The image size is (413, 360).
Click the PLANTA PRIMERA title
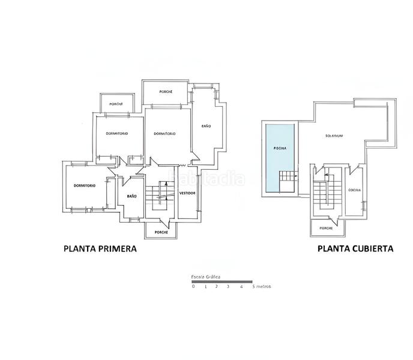pyautogui.click(x=100, y=248)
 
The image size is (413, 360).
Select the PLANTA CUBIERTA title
pyautogui.click(x=355, y=248)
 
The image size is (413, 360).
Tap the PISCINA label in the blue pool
pyautogui.click(x=279, y=148)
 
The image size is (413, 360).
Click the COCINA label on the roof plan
pyautogui.click(x=355, y=190)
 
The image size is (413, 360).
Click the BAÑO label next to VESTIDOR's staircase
pyautogui.click(x=131, y=197)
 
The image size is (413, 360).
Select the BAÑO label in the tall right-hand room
pyautogui.click(x=205, y=126)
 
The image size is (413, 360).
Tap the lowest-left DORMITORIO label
pyautogui.click(x=85, y=185)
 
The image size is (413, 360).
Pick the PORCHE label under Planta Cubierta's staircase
pyautogui.click(x=326, y=229)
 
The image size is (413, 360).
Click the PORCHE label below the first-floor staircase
pyautogui.click(x=160, y=232)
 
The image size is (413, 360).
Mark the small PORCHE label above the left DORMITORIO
pyautogui.click(x=116, y=104)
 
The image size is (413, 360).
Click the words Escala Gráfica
pyautogui.click(x=205, y=277)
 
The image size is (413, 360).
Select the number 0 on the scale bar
pyautogui.click(x=193, y=287)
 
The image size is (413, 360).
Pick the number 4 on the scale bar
pyautogui.click(x=240, y=287)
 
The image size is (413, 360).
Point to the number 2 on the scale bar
pyautogui.click(x=217, y=287)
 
